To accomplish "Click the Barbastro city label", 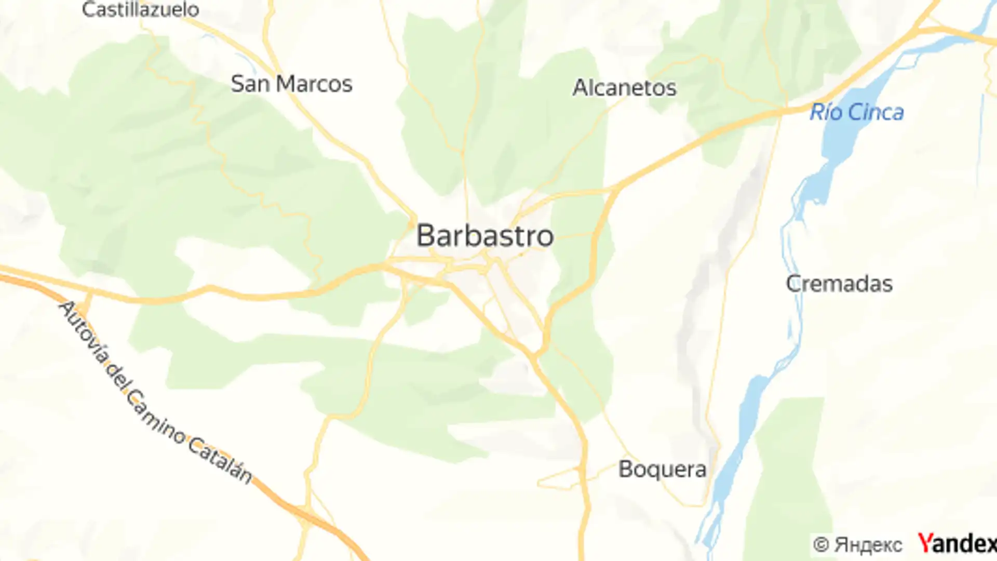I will [485, 236].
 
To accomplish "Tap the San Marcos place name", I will [291, 84].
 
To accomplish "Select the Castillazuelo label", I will [140, 9].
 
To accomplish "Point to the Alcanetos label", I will [624, 88].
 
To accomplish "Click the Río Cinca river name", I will [857, 112].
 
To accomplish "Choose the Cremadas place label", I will [839, 284].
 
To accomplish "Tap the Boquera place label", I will [662, 470].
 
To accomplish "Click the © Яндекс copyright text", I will [857, 545].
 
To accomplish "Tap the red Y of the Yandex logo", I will [926, 543].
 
